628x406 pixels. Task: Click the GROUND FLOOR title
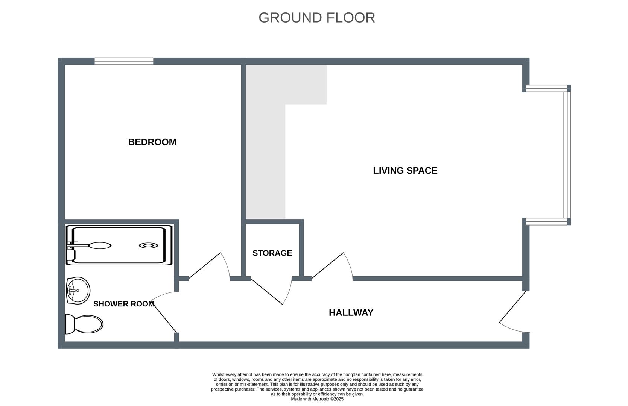click(x=316, y=18)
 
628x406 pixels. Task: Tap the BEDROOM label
click(x=152, y=142)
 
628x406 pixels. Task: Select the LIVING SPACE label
click(x=405, y=171)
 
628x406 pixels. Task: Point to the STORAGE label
click(x=272, y=253)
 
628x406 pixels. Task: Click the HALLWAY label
click(x=351, y=312)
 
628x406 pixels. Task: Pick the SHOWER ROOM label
click(x=124, y=304)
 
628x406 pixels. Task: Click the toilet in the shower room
click(x=84, y=324)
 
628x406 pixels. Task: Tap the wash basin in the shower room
click(x=78, y=291)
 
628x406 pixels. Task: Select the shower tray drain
click(x=148, y=245)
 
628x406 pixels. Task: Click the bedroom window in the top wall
click(x=124, y=61)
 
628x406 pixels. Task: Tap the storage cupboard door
click(x=271, y=291)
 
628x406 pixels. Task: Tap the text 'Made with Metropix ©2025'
click(x=317, y=399)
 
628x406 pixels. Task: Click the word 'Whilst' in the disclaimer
click(x=218, y=375)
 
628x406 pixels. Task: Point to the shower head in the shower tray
click(x=100, y=245)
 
